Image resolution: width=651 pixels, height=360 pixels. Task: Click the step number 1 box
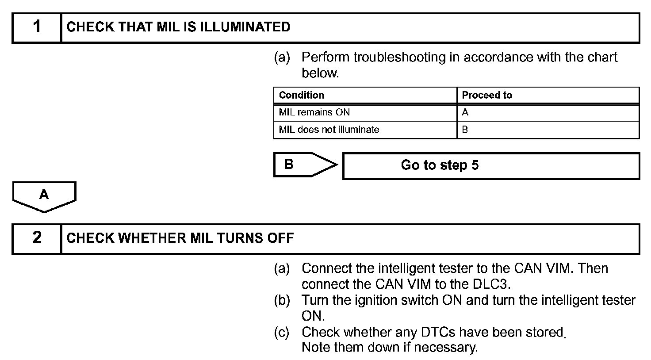click(37, 27)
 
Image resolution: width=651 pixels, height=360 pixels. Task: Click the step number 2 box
click(37, 238)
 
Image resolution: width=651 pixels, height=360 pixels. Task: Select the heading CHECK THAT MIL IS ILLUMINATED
click(178, 27)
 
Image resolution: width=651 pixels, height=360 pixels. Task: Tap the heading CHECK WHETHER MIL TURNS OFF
click(180, 238)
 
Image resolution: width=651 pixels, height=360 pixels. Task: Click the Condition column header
click(302, 95)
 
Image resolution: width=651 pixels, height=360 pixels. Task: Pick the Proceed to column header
click(487, 95)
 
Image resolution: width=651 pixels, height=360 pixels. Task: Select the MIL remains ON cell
click(314, 112)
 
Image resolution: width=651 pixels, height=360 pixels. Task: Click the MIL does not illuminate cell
click(329, 130)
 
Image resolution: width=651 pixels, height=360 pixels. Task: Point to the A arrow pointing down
click(44, 195)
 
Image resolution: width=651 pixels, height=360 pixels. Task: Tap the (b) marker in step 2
click(282, 300)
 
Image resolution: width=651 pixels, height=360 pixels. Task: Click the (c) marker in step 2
click(282, 332)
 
